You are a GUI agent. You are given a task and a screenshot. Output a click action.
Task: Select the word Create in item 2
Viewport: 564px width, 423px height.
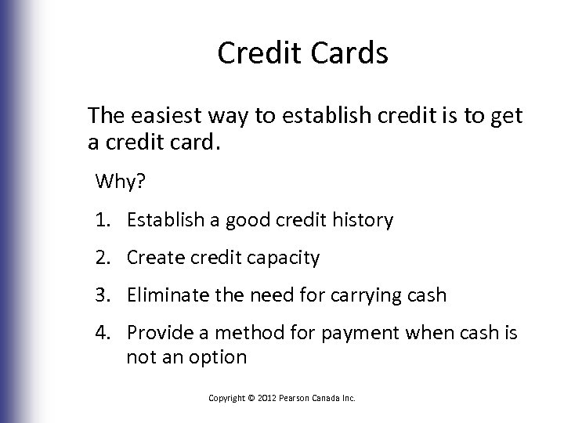154,258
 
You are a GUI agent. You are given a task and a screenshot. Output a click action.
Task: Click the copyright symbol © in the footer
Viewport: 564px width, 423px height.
251,398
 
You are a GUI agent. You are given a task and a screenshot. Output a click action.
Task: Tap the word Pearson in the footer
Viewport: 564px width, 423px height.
299,398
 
